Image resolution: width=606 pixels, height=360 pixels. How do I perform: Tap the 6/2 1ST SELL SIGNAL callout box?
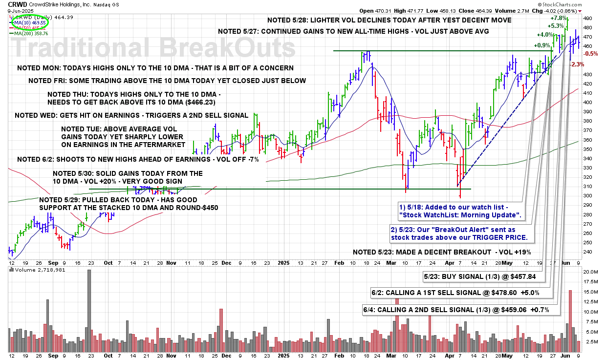pos(462,293)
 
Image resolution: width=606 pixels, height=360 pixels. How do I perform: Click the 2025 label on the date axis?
pos(285,262)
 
